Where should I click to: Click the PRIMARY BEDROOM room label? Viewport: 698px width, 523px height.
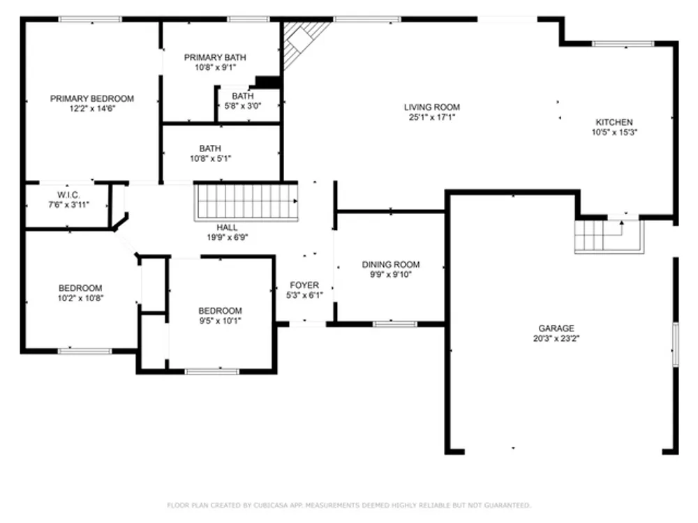(x=92, y=99)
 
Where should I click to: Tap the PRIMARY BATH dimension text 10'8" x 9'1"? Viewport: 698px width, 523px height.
(x=216, y=68)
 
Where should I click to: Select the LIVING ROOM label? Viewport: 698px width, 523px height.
(x=432, y=107)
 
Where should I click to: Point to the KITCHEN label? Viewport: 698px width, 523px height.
(x=614, y=122)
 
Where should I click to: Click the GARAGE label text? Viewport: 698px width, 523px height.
(x=556, y=328)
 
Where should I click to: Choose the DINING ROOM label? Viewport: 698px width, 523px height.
(x=391, y=264)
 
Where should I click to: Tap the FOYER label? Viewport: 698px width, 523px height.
(x=304, y=285)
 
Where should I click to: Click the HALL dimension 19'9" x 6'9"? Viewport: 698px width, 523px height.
(x=228, y=238)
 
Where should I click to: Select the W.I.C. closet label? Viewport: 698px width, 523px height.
(x=68, y=195)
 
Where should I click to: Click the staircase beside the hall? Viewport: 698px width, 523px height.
(x=246, y=202)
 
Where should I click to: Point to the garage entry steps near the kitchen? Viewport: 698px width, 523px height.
(x=609, y=236)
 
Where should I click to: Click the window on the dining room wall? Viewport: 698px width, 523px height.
(x=395, y=324)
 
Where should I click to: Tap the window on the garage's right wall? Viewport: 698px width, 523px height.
(x=675, y=344)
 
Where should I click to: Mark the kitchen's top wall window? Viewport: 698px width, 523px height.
(x=623, y=43)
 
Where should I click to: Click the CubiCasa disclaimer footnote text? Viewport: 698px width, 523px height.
(x=349, y=505)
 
